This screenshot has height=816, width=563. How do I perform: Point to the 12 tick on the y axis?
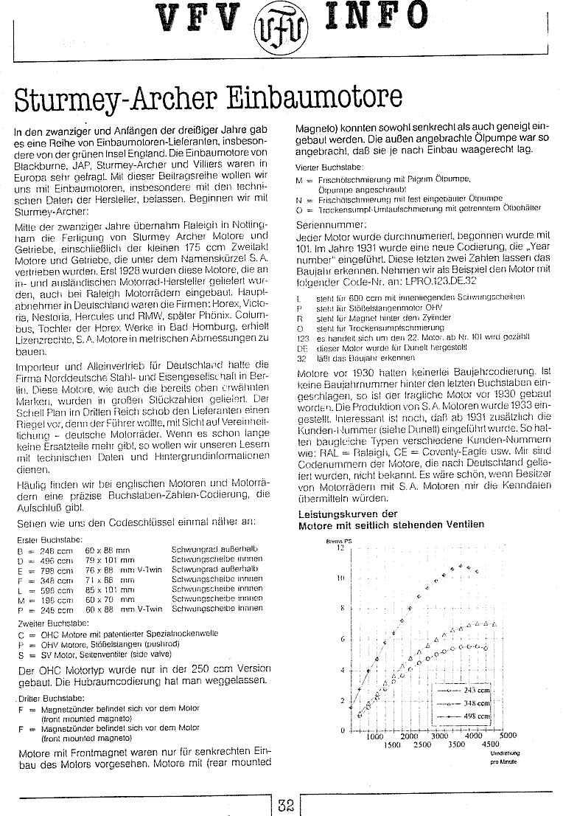point(340,547)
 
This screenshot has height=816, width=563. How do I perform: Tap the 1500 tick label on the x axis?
point(392,745)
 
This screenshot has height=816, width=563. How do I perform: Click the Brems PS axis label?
point(335,541)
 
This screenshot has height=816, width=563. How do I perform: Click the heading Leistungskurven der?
point(348,514)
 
